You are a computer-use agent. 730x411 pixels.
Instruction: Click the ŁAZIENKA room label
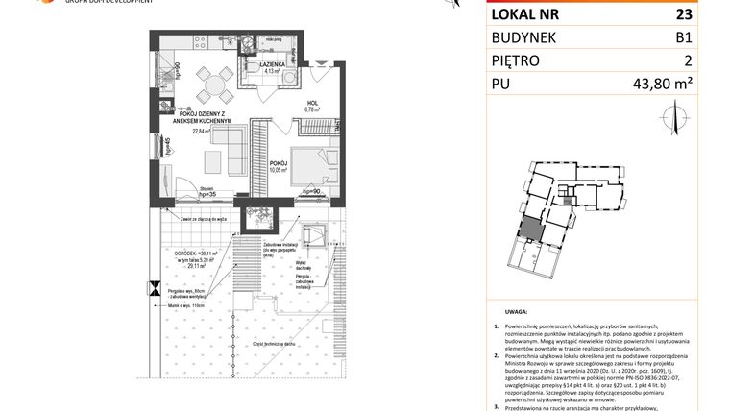click(x=278, y=61)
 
